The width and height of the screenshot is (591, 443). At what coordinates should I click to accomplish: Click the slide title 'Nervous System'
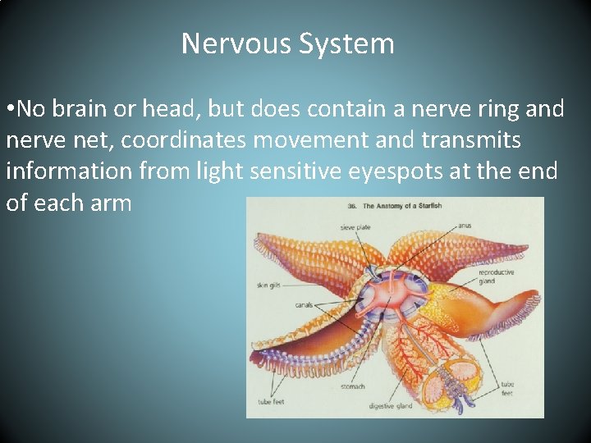(x=287, y=43)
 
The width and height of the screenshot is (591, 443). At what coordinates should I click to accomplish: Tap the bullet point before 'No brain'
(x=10, y=110)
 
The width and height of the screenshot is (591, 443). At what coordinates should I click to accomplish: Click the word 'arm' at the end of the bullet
(x=112, y=203)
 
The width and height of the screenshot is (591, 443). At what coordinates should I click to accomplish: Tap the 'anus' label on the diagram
(x=465, y=226)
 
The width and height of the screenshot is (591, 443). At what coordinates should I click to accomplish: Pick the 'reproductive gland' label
(x=496, y=275)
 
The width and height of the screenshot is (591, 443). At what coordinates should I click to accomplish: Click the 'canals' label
(x=304, y=304)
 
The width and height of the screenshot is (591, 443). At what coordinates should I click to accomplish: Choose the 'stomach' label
(x=353, y=386)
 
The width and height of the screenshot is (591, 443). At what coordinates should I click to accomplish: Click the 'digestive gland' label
(x=391, y=405)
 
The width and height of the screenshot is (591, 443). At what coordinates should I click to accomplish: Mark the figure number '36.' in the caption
(x=351, y=205)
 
